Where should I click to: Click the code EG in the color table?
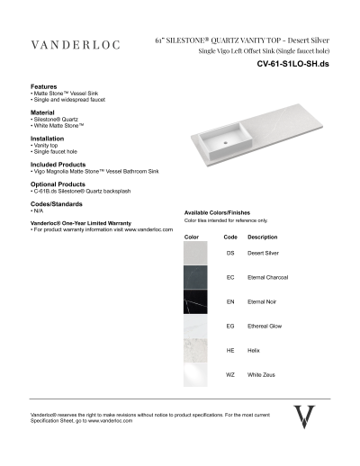coord(229,326)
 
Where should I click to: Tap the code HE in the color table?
coord(229,350)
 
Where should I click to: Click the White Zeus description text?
coord(261,374)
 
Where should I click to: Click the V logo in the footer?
coord(306,417)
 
